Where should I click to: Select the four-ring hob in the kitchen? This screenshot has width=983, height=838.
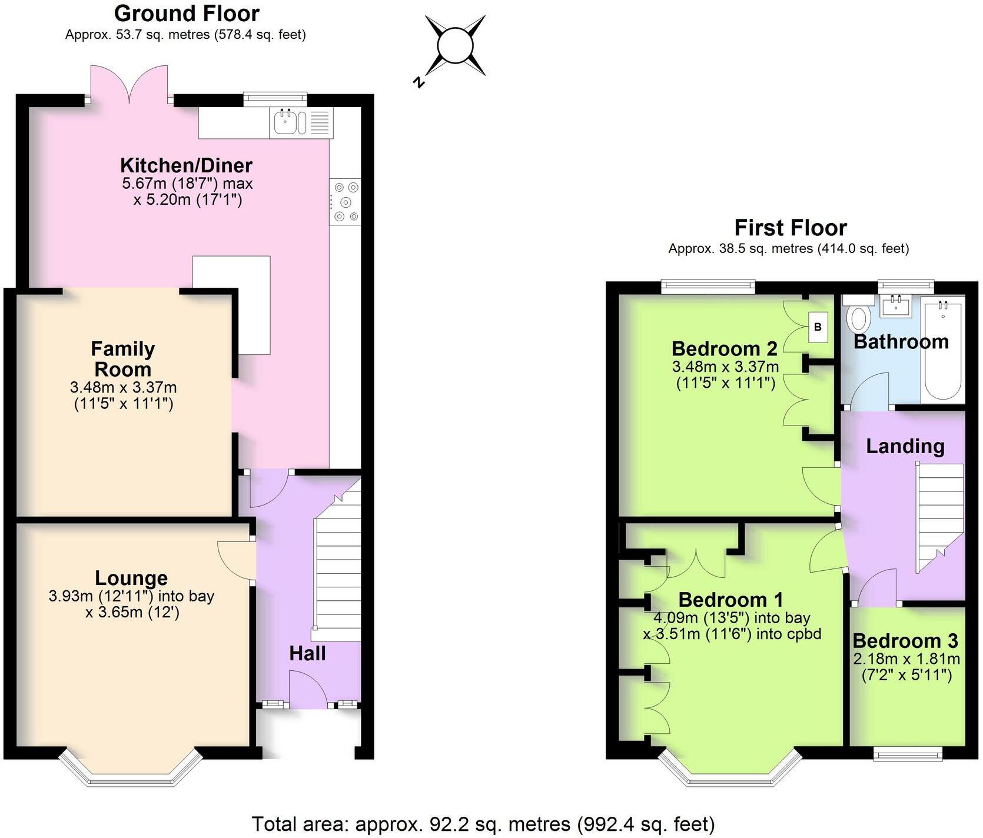[x=346, y=202]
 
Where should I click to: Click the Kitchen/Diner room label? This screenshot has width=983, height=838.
[x=187, y=165]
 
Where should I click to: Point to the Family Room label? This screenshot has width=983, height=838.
[x=123, y=359]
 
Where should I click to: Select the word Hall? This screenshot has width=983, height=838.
[x=307, y=653]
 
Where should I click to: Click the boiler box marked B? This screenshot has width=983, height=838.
[x=818, y=327]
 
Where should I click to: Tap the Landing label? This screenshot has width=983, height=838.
[x=905, y=446]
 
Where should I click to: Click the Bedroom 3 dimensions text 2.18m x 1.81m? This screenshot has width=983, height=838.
[x=906, y=659]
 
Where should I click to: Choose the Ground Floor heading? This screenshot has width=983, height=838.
[x=187, y=13]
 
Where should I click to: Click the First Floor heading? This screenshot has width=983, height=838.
[x=791, y=227]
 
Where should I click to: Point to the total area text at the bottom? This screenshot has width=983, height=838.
[x=483, y=824]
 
